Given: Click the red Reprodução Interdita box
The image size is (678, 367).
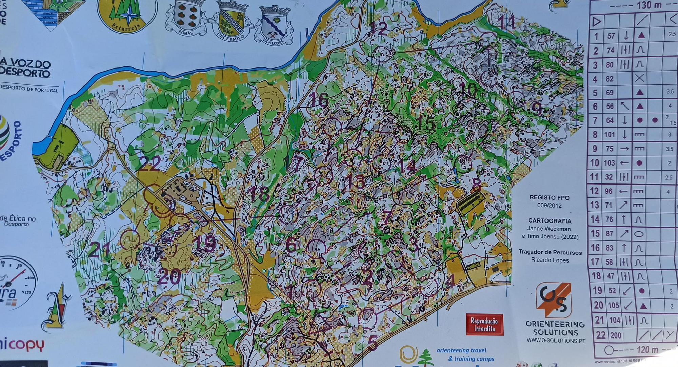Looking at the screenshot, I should coord(485,325).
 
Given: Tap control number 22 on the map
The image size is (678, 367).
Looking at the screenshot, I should coord(150,165).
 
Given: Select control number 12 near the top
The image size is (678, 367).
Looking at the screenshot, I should coord(379,28).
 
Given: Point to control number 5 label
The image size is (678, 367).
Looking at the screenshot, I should coord(372,343).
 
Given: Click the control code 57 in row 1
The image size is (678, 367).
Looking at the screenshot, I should coord(611,36).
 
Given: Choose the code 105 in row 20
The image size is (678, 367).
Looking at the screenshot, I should coord(613,306).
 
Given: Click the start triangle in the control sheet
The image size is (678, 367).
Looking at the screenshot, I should coord(597,23).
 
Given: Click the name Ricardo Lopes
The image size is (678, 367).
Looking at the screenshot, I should coord(550,260).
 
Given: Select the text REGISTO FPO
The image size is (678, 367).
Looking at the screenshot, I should coord(550,197).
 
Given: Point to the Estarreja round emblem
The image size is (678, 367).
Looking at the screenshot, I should coord(127,15).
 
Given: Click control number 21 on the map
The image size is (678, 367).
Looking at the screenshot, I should coord(99,251).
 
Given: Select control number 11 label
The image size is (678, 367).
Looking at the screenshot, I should coord(507,22).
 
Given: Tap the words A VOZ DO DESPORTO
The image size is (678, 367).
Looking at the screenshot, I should coord(26,69).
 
